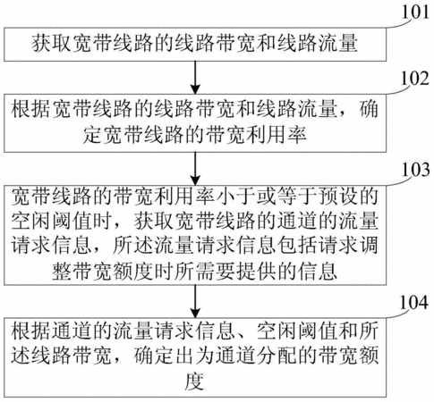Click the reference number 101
click(x=415, y=13)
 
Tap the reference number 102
click(x=415, y=79)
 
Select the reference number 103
click(x=415, y=170)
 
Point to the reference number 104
click(x=414, y=303)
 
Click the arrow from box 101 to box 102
click(x=195, y=78)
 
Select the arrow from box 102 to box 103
click(x=195, y=169)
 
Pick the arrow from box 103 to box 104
click(x=195, y=301)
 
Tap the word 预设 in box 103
click(x=337, y=197)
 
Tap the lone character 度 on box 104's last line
click(x=194, y=381)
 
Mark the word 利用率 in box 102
click(x=277, y=135)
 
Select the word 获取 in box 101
click(x=52, y=44)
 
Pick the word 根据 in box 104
click(x=30, y=330)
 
